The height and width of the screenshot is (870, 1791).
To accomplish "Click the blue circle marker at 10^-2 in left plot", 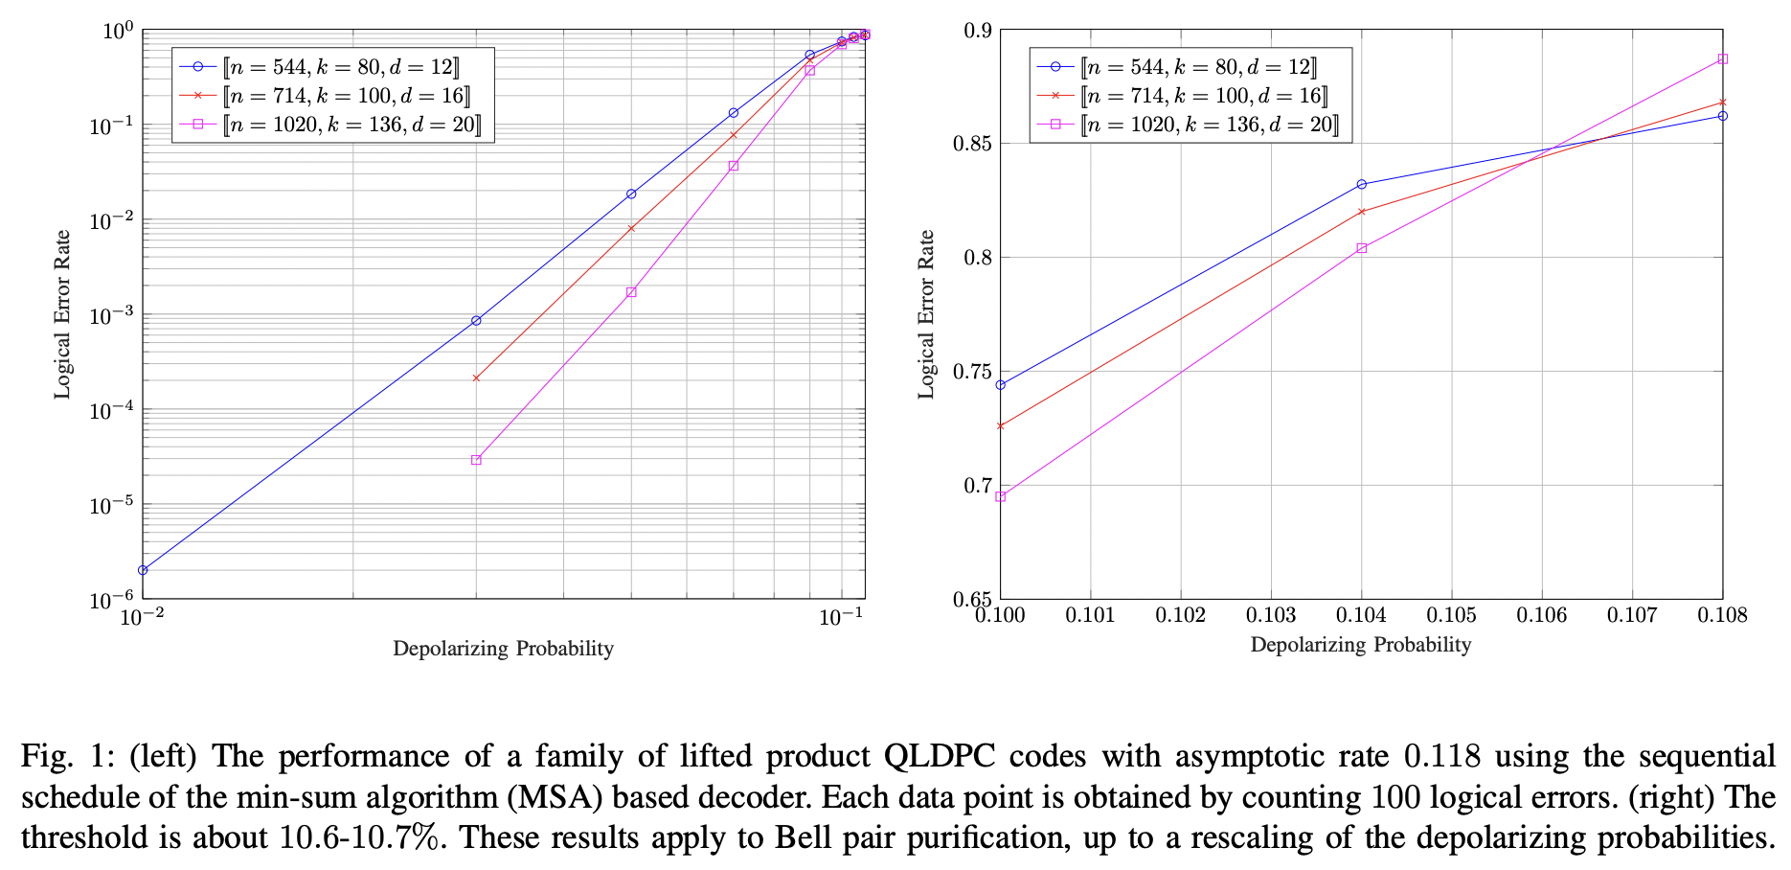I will point(143,570).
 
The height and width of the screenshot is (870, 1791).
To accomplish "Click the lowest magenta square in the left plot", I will point(476,460).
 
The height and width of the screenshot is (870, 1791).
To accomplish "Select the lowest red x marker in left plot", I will point(476,378).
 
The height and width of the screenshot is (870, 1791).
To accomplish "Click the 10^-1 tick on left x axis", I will point(841,619).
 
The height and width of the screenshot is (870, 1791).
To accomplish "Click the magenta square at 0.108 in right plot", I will point(1722,59).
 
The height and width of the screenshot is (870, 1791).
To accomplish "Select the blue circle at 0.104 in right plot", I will point(1361,184).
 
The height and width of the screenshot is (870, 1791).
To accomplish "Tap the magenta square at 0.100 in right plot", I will point(1000,497).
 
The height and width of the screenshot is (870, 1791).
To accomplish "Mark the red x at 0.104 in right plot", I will point(1361,212).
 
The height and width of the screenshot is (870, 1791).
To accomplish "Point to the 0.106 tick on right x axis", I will point(1541,615).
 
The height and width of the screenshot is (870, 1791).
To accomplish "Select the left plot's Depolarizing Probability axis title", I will point(503,649).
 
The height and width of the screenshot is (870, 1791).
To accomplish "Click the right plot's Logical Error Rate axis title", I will point(926,314).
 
